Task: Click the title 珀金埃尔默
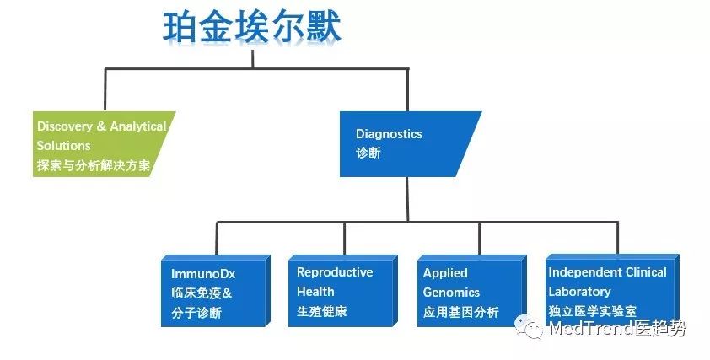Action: (x=252, y=27)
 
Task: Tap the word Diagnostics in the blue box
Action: (x=389, y=134)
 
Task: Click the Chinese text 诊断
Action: (x=368, y=153)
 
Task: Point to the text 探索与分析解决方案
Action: (x=94, y=165)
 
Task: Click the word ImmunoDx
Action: (x=202, y=274)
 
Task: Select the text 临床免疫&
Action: (x=202, y=293)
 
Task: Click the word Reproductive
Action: (x=334, y=272)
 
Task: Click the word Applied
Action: (x=445, y=273)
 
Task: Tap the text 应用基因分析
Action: (x=460, y=312)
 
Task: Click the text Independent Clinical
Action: (x=607, y=272)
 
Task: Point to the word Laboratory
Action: (x=579, y=292)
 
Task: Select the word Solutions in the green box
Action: (x=63, y=146)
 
